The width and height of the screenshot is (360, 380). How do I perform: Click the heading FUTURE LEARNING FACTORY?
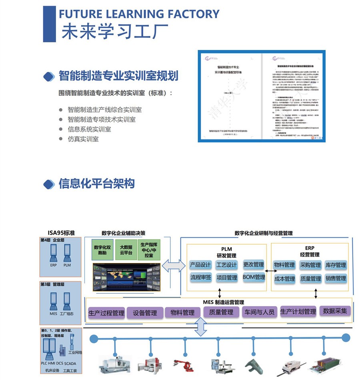(139, 14)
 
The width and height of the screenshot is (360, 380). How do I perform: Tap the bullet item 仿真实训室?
(83, 139)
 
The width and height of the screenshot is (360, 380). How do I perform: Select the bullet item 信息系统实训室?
(89, 129)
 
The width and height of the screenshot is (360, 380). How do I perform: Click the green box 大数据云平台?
(125, 250)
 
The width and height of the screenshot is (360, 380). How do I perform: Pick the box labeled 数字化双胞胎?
(102, 250)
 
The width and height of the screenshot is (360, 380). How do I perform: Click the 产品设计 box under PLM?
(200, 265)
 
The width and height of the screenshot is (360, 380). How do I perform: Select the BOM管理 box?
(254, 277)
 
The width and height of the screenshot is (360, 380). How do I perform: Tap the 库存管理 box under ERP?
(336, 265)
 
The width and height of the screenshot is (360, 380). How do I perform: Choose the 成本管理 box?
(284, 279)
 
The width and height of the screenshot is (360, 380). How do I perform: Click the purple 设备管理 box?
(145, 313)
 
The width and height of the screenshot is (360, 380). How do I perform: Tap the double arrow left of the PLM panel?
(174, 267)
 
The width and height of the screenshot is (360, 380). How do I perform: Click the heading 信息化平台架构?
(96, 184)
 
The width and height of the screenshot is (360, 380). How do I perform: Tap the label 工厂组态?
(66, 314)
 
